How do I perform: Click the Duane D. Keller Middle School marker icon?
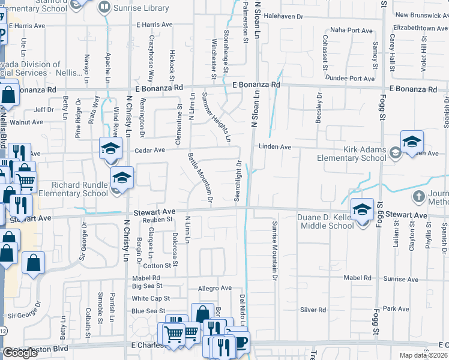click(x=362, y=210)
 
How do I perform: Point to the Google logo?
click(x=20, y=353)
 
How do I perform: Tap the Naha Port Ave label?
click(x=352, y=30)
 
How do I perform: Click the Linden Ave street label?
click(x=275, y=146)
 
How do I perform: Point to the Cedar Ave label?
click(x=149, y=150)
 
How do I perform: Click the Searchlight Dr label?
click(x=238, y=181)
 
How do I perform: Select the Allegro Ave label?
click(x=215, y=288)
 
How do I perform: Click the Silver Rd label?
click(x=313, y=310)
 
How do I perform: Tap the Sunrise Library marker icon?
click(x=104, y=7)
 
